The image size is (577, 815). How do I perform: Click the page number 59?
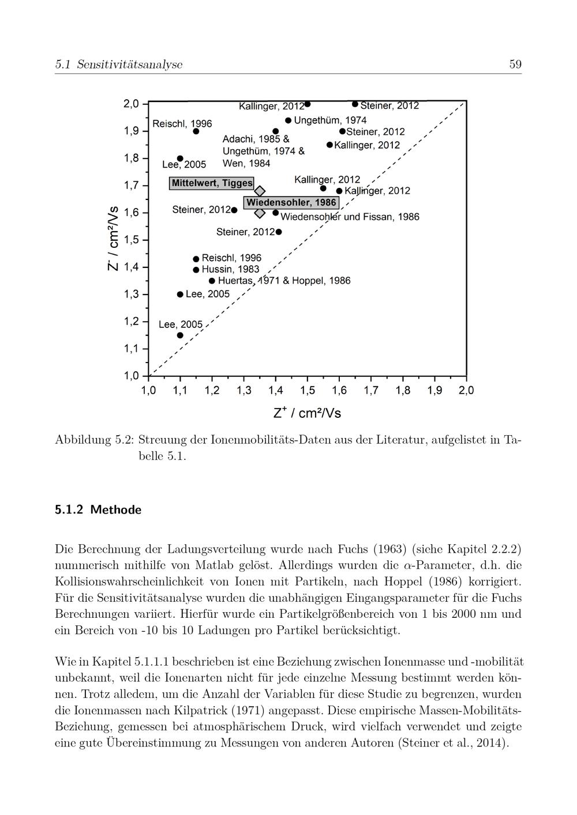point(515,65)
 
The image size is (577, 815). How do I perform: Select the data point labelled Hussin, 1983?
point(196,270)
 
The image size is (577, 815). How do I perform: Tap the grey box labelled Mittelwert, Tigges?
point(212,183)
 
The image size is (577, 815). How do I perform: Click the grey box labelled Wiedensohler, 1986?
point(291,203)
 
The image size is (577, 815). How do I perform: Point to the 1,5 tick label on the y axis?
point(132,240)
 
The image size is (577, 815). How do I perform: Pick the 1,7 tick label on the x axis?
point(371,391)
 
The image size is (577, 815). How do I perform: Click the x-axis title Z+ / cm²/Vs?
point(307,413)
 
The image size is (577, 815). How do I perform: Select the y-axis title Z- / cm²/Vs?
point(114,238)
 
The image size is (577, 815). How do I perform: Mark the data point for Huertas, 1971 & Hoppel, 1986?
point(212,281)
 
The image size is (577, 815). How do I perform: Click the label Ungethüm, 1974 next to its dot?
point(330,120)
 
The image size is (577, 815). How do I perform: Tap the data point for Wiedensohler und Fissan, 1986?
point(276,213)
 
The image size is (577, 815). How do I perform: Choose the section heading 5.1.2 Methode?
point(98,510)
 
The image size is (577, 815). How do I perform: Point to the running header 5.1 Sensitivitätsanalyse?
point(118,65)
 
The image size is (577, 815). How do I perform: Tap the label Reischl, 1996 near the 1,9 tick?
point(182,124)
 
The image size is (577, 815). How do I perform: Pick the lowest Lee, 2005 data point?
point(180,335)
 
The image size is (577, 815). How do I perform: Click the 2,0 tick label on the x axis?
point(466,391)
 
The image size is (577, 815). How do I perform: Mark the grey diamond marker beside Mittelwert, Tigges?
point(260,191)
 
